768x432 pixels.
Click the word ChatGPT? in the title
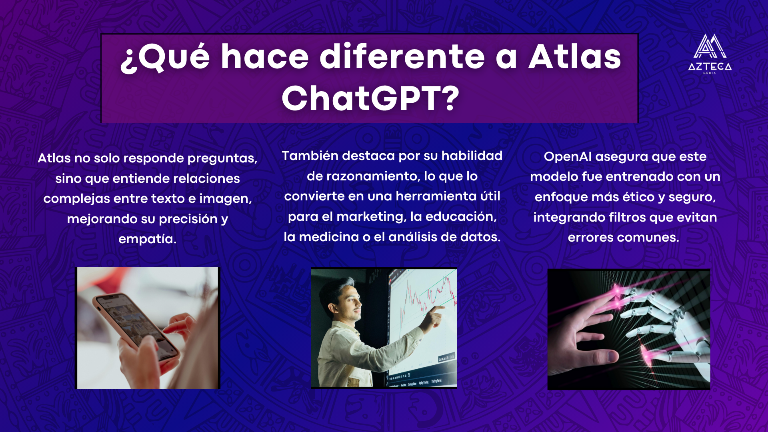pyautogui.click(x=370, y=98)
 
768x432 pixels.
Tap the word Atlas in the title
pyautogui.click(x=575, y=56)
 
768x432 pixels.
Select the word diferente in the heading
pyautogui.click(x=402, y=56)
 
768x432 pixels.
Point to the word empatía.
pyautogui.click(x=148, y=239)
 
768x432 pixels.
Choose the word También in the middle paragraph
pyautogui.click(x=310, y=156)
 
